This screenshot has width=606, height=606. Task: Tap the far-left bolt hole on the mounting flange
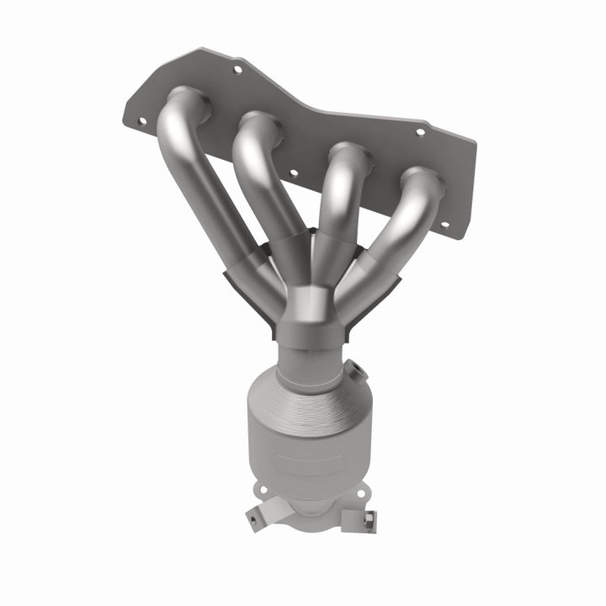(141, 120)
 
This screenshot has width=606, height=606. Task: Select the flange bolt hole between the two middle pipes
(293, 173)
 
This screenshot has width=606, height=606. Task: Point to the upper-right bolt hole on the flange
(421, 132)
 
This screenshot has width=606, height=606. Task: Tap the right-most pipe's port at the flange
(423, 181)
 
